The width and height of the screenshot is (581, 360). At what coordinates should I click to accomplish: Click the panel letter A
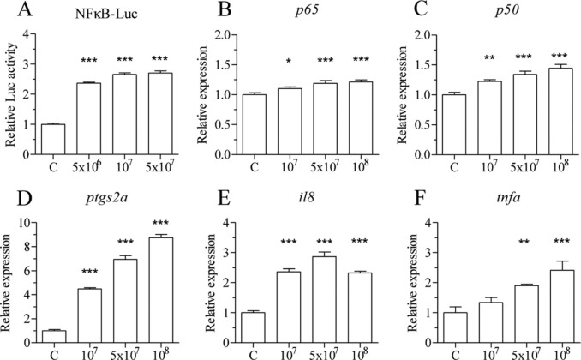[12, 11]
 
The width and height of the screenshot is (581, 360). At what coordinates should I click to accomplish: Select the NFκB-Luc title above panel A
[92, 15]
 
